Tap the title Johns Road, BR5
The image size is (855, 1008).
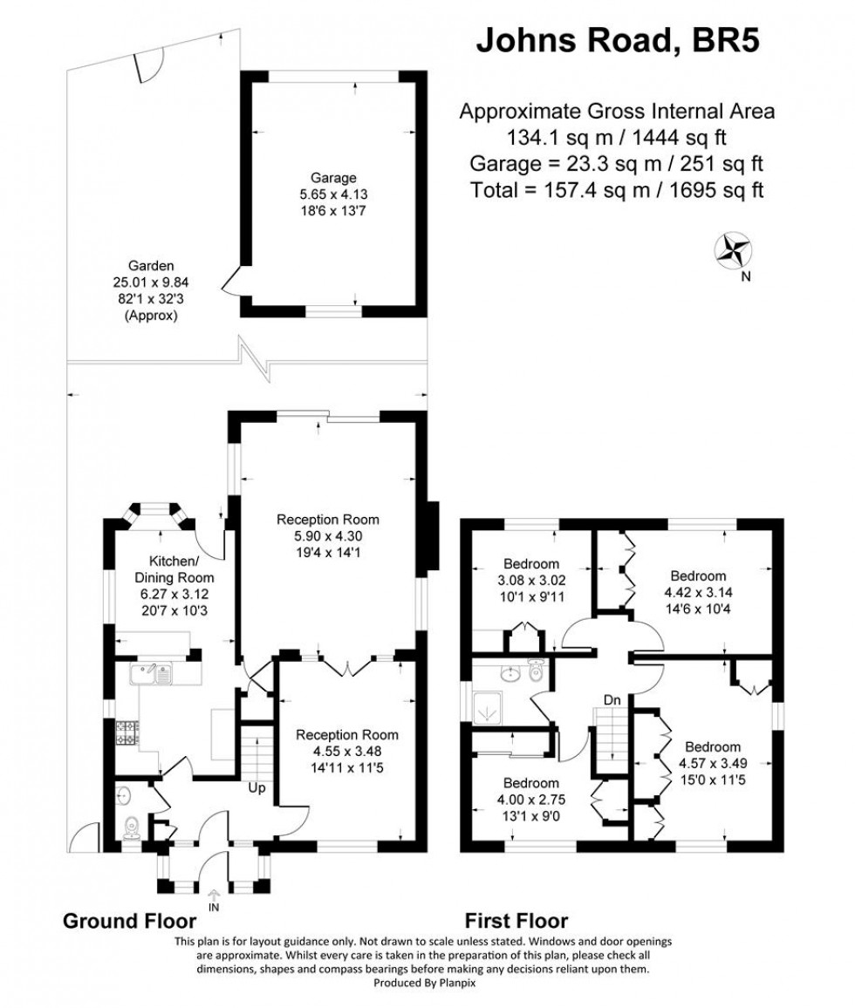point(616,41)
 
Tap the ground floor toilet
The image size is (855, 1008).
point(132,824)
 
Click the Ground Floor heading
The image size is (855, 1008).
point(126,921)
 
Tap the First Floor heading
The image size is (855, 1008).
point(516,921)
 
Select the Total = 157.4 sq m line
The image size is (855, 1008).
point(616,190)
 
